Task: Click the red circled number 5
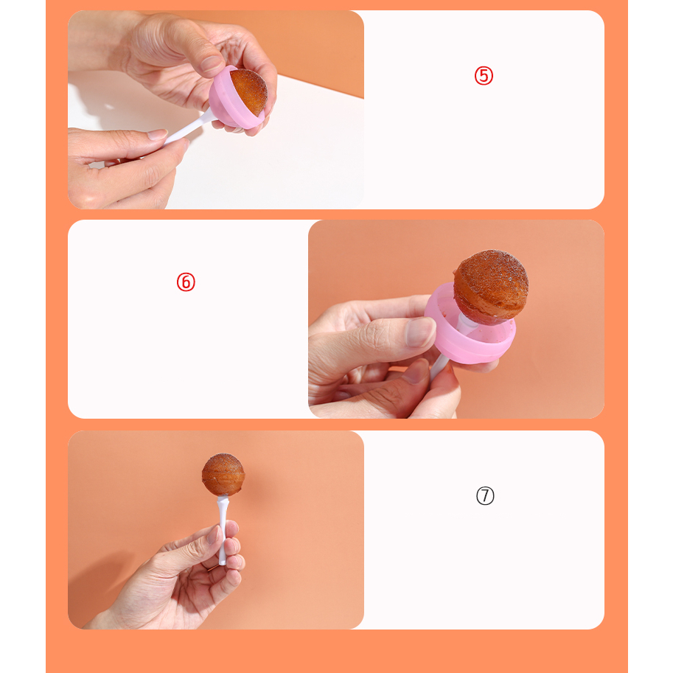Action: [x=484, y=76]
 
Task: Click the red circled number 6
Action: [x=186, y=282]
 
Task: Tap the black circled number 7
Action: [x=485, y=496]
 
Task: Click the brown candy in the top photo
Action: [x=249, y=91]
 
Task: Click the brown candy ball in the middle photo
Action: [x=491, y=287]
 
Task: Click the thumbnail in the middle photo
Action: [x=421, y=332]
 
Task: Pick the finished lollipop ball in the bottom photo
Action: [x=223, y=475]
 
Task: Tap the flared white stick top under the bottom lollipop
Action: [x=223, y=501]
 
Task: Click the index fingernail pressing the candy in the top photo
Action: [x=212, y=63]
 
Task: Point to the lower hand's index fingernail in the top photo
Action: [x=157, y=134]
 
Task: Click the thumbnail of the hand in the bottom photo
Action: [x=213, y=534]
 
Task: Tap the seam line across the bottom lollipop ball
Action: [x=223, y=475]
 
